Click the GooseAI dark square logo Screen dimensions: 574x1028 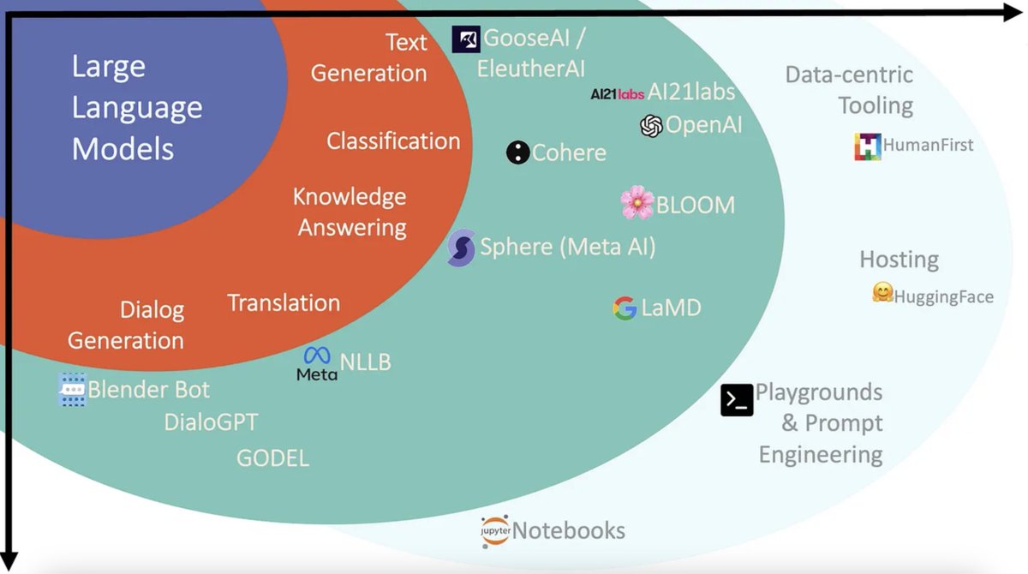466,39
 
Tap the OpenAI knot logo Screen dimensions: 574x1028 651,126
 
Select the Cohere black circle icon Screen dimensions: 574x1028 517,152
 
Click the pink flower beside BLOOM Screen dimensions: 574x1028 637,203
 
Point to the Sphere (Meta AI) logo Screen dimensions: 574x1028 462,248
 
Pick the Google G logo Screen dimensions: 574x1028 625,308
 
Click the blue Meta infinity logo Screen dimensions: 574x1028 317,356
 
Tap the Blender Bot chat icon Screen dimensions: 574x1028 73,389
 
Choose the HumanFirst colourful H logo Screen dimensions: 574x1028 868,146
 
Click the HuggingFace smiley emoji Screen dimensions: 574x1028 882,293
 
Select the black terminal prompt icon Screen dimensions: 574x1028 737,400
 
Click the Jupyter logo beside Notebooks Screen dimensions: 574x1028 495,531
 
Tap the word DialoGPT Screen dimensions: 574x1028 211,422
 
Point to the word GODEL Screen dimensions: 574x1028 272,457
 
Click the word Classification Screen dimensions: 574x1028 393,141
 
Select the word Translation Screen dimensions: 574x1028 284,302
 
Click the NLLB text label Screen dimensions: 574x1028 366,362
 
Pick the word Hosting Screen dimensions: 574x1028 899,259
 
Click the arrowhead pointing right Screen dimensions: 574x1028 1014,12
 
